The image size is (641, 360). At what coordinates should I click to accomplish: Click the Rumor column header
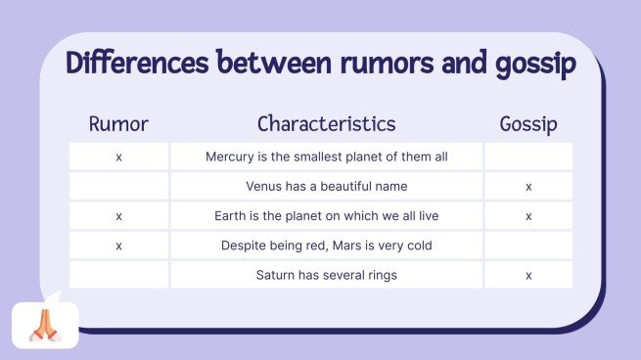click(x=118, y=124)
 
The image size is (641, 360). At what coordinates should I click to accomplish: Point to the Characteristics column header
click(x=327, y=124)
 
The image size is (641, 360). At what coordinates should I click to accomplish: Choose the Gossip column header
click(x=527, y=124)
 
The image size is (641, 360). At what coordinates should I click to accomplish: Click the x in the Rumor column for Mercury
click(x=118, y=157)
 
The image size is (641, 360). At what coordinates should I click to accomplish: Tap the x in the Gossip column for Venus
click(x=528, y=186)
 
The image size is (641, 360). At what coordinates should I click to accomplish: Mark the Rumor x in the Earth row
click(x=118, y=215)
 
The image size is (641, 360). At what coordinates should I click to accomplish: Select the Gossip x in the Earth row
click(x=528, y=215)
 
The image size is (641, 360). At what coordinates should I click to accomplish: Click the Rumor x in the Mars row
click(x=118, y=246)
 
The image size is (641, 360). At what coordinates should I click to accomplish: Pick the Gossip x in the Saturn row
click(x=528, y=275)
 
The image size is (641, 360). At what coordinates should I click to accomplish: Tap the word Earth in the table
click(x=231, y=215)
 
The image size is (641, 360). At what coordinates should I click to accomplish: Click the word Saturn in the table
click(x=276, y=275)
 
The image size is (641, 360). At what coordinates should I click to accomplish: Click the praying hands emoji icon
click(x=45, y=325)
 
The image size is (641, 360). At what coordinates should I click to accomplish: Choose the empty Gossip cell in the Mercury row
click(x=528, y=157)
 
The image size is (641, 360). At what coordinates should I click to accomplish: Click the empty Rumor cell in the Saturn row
click(x=118, y=275)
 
